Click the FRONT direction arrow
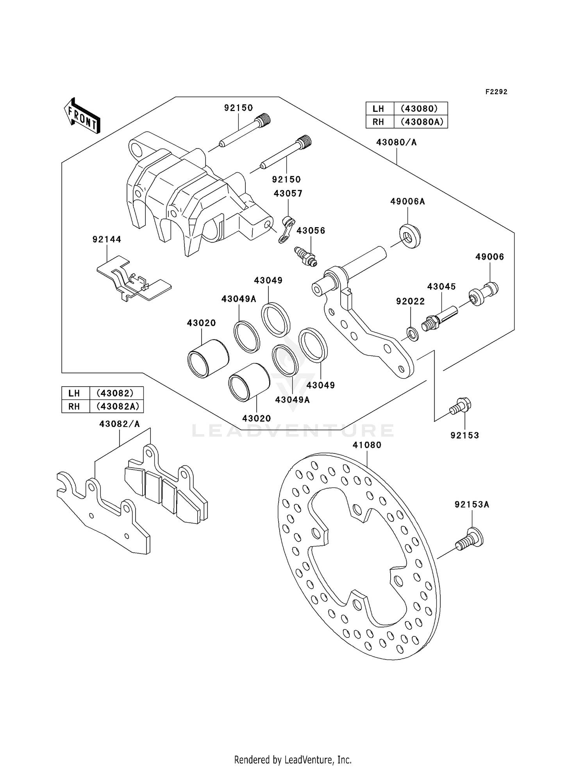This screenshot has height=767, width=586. point(82,116)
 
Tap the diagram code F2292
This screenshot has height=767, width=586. point(496,92)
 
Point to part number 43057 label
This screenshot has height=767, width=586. point(288,194)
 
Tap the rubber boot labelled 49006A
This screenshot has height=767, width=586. point(410,236)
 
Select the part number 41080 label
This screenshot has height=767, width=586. point(367,445)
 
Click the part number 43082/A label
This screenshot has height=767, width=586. point(119,424)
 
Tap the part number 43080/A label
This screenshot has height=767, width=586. point(396,142)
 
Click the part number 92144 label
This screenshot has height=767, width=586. point(107,239)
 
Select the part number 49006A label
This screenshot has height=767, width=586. point(407,201)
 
